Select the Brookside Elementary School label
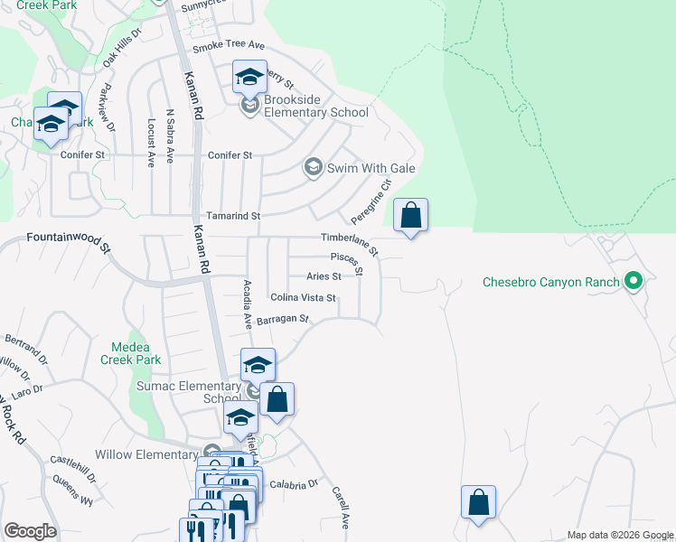point(315,113)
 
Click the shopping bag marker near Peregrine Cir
point(410,216)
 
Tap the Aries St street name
point(324,276)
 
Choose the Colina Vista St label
point(303,297)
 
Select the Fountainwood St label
point(68,239)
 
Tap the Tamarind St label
point(233,217)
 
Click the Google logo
point(30,531)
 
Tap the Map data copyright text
point(619,535)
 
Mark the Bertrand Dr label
point(25,344)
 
